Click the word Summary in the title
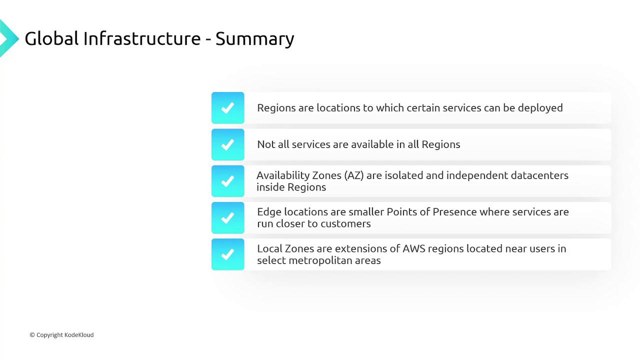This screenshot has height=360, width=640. (x=254, y=39)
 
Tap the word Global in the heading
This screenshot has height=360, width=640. (x=51, y=38)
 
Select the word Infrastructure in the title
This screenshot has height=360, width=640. (x=142, y=38)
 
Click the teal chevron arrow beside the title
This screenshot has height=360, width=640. (x=8, y=38)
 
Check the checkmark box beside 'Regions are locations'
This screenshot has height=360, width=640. (x=227, y=107)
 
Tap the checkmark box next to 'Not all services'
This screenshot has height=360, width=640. (x=227, y=144)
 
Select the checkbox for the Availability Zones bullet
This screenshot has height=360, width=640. (x=227, y=181)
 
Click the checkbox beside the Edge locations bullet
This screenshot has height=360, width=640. (x=227, y=217)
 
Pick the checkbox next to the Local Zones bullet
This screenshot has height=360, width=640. (x=227, y=254)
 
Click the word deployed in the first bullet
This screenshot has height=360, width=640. (x=540, y=108)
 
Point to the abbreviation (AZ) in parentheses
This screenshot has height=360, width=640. (x=353, y=175)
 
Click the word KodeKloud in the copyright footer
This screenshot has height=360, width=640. (x=79, y=335)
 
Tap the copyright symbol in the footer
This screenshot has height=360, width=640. (x=32, y=335)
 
